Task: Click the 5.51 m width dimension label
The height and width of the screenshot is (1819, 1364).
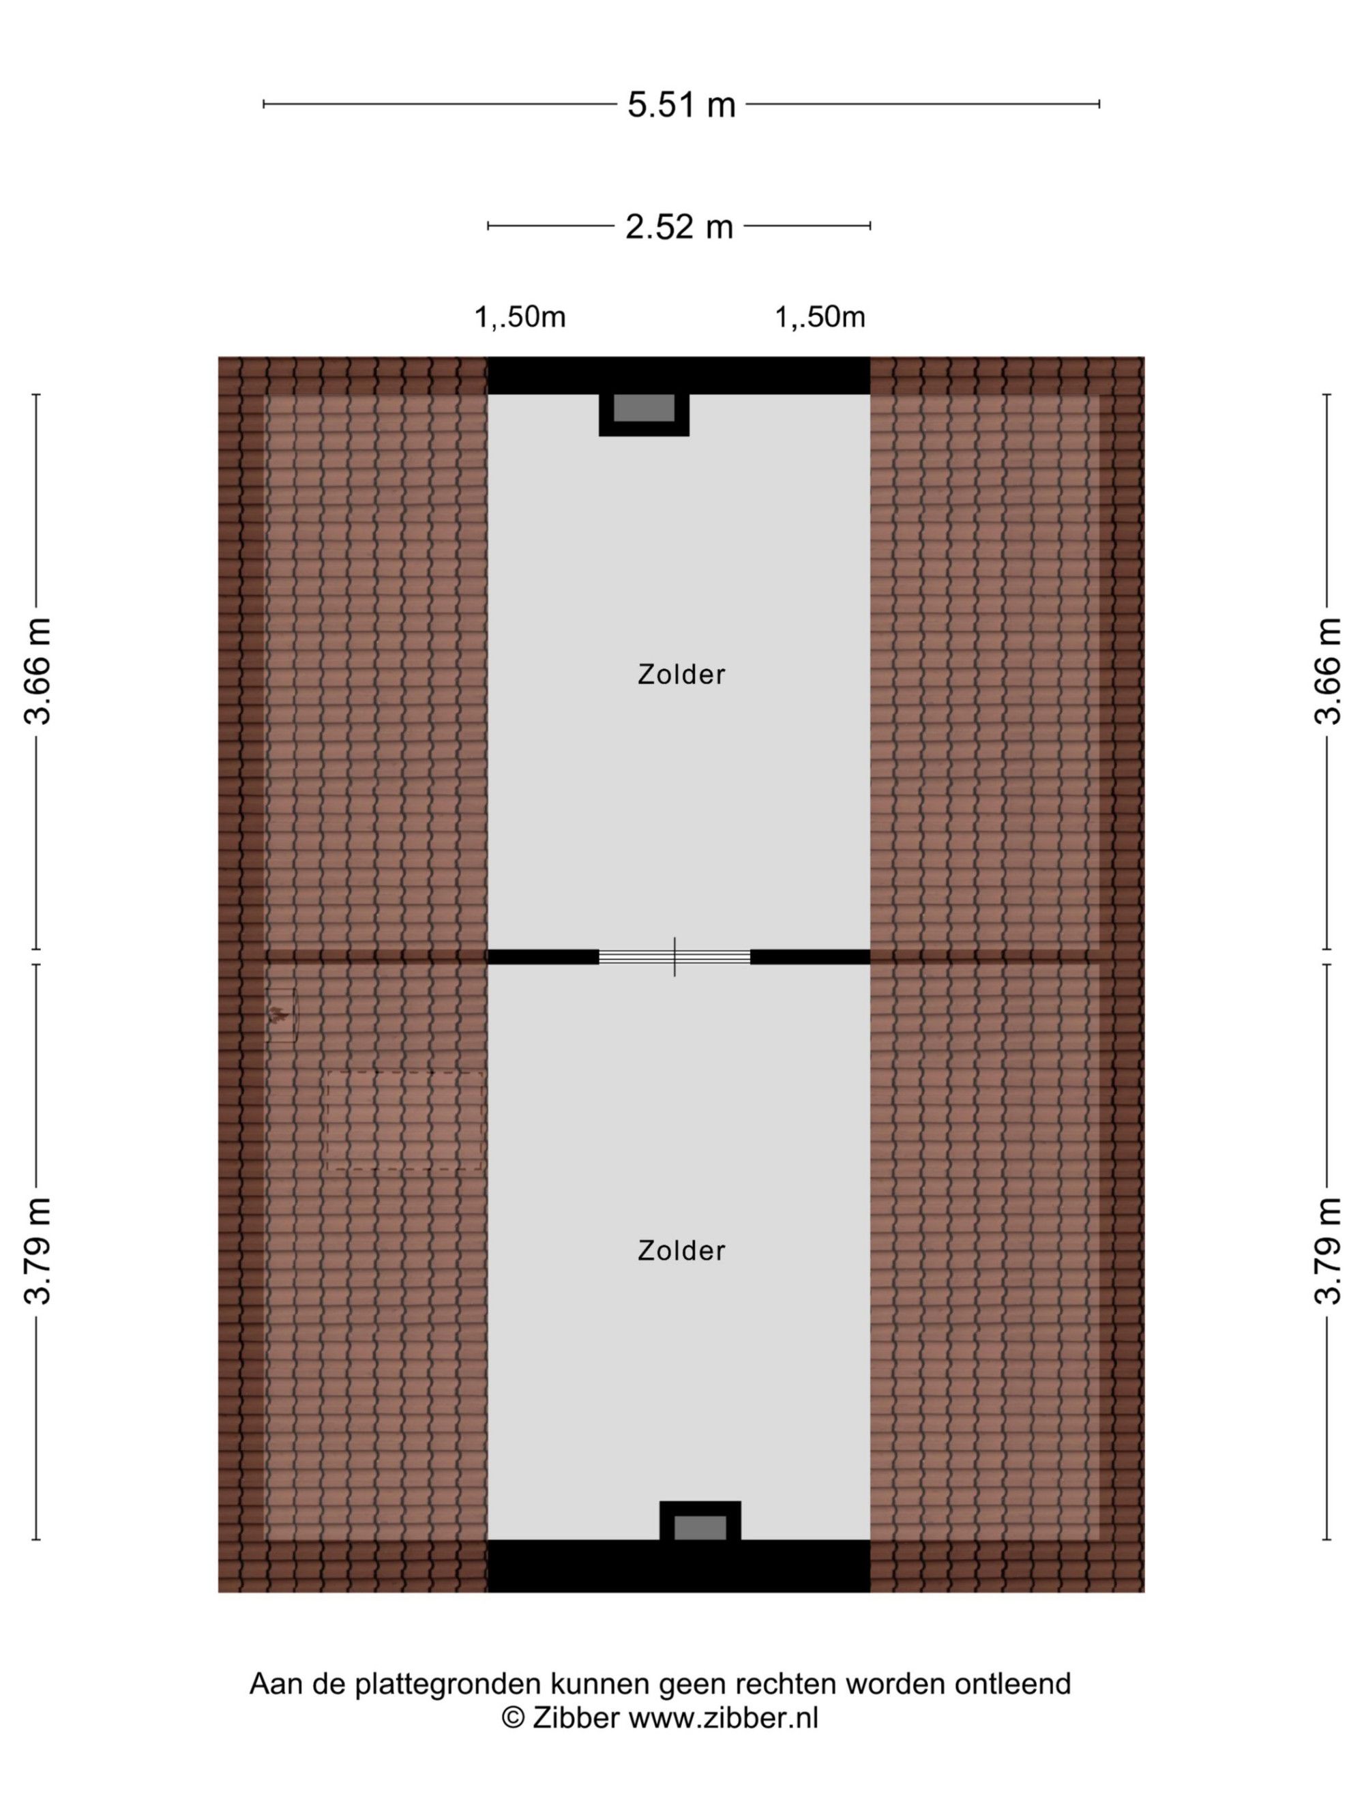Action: click(681, 104)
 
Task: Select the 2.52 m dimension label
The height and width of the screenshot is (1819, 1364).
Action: click(679, 226)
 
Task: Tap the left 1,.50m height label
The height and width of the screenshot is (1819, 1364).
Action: click(520, 316)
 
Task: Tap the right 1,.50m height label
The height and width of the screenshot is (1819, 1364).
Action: click(820, 316)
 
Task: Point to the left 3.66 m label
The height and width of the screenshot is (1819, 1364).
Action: click(38, 671)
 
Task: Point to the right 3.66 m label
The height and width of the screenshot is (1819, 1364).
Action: click(1327, 671)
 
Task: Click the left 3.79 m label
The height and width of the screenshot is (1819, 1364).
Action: click(38, 1251)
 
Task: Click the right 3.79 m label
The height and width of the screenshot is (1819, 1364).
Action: click(1327, 1251)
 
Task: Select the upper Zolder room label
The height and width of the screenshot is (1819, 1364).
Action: click(681, 675)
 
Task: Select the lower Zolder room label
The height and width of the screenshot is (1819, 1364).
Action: click(681, 1251)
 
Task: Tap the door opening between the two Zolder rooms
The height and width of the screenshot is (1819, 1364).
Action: click(674, 956)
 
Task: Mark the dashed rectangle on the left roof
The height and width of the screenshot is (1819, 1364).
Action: click(404, 1120)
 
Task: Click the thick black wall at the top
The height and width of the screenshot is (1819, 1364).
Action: click(679, 375)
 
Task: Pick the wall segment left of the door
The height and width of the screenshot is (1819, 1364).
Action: click(543, 956)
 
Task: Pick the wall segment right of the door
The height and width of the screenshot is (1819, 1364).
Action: click(811, 956)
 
